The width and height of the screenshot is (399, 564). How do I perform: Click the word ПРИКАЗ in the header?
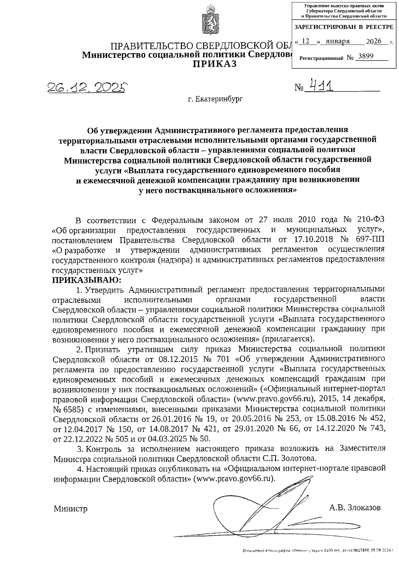point(215,64)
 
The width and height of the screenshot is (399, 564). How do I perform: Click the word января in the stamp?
point(338,41)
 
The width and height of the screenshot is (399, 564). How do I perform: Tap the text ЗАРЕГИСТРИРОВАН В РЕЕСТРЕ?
point(344,27)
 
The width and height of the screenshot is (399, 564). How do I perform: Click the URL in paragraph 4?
point(234,479)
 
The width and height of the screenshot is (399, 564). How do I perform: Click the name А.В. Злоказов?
point(355,508)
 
